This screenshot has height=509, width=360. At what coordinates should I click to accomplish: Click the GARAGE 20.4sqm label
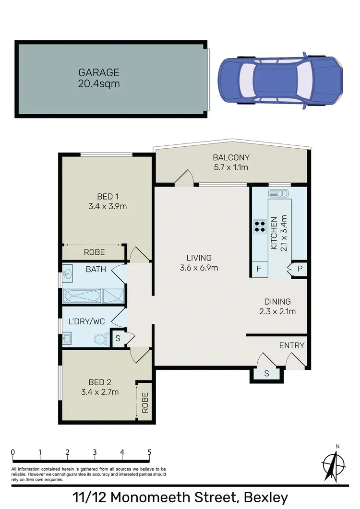[99, 78]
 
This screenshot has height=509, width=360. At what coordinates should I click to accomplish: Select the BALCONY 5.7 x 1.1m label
[231, 162]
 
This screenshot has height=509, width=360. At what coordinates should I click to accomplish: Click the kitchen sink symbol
[278, 193]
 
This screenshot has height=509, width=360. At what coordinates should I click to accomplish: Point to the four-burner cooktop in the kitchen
[260, 225]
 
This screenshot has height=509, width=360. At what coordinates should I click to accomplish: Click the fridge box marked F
[259, 269]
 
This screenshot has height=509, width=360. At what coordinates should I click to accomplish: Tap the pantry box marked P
[300, 269]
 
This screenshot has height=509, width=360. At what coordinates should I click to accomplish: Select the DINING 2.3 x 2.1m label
[277, 306]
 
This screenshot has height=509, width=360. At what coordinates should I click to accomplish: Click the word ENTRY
[292, 345]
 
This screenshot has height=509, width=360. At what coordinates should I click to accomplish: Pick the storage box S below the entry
[266, 374]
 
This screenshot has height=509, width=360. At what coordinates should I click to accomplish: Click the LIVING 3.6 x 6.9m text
[199, 262]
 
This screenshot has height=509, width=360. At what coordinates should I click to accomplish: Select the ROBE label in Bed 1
[95, 252]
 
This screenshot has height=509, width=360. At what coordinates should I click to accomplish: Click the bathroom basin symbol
[68, 274]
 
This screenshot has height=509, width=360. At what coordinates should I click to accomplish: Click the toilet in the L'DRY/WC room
[100, 339]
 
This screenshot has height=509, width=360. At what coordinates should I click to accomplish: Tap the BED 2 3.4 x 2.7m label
[100, 387]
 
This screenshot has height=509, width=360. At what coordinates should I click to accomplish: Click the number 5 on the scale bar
[150, 452]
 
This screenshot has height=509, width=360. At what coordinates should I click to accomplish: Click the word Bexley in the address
[265, 497]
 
